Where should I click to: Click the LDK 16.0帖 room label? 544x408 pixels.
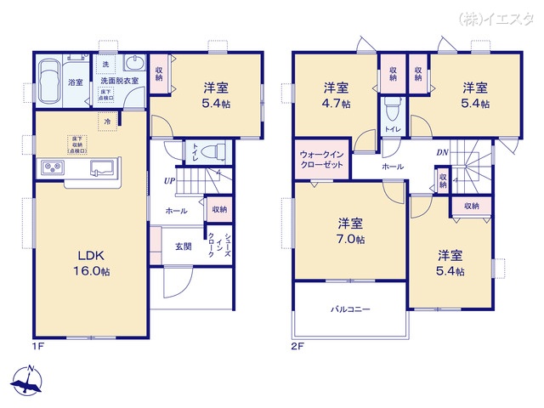[93, 263]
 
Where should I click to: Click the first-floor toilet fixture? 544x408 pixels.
[213, 150]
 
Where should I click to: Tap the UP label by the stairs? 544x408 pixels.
[169, 180]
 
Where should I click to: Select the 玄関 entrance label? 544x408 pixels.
[183, 246]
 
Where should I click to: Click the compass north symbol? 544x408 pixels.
[28, 380]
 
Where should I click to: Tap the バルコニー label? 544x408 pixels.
[350, 309]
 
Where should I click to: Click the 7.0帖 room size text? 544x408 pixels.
[349, 240]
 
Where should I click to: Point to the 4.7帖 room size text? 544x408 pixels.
[336, 105]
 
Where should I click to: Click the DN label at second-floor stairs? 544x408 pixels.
[443, 153]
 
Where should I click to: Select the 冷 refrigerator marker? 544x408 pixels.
[107, 122]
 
